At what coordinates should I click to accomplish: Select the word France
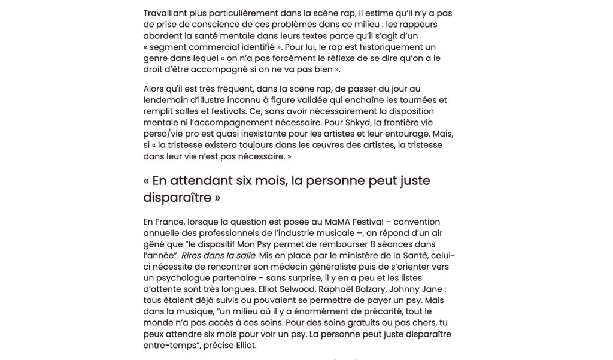(x=170, y=222)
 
